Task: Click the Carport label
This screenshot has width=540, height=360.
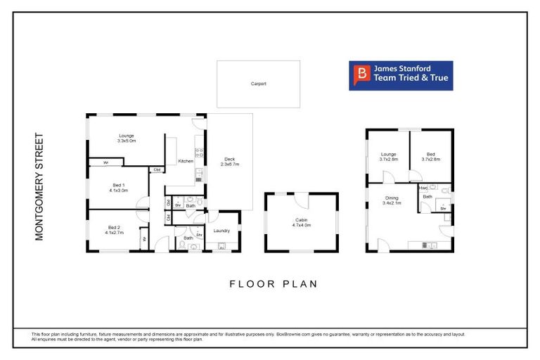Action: point(258,84)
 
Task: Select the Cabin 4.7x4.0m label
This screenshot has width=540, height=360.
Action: point(301,223)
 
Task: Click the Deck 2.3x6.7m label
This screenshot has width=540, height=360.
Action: point(230,161)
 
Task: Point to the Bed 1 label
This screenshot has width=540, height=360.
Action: point(118,187)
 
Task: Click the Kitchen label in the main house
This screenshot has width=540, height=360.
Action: point(186,161)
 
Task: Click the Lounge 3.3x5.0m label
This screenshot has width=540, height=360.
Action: point(127,138)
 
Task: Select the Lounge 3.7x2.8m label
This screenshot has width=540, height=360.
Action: point(389,157)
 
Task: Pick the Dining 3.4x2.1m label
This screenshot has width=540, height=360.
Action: point(392,200)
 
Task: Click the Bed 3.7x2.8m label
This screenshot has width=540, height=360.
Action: point(430,157)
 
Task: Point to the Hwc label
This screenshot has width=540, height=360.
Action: point(423,188)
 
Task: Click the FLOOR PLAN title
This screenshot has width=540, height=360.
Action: point(274,284)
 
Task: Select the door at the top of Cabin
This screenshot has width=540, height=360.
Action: point(301,200)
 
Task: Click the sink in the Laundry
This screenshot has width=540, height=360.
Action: point(222,246)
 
